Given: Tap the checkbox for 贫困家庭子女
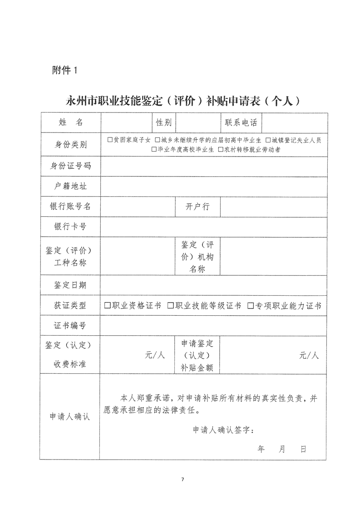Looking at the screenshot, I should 110,140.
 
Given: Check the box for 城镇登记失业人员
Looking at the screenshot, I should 268,140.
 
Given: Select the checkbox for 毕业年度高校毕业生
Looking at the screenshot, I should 154,149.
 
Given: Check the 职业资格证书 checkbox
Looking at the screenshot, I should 107,306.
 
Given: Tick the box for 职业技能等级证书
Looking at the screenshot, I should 170,306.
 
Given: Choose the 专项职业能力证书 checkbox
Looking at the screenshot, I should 250,306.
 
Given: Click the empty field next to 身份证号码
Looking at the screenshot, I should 213,166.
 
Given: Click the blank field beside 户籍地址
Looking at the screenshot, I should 213,186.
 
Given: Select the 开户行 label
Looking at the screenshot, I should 197,206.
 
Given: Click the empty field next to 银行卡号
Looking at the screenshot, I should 213,226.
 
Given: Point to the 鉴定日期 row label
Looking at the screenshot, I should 70,285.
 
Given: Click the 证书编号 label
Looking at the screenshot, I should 70,325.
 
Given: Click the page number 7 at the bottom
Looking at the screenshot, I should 182,480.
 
